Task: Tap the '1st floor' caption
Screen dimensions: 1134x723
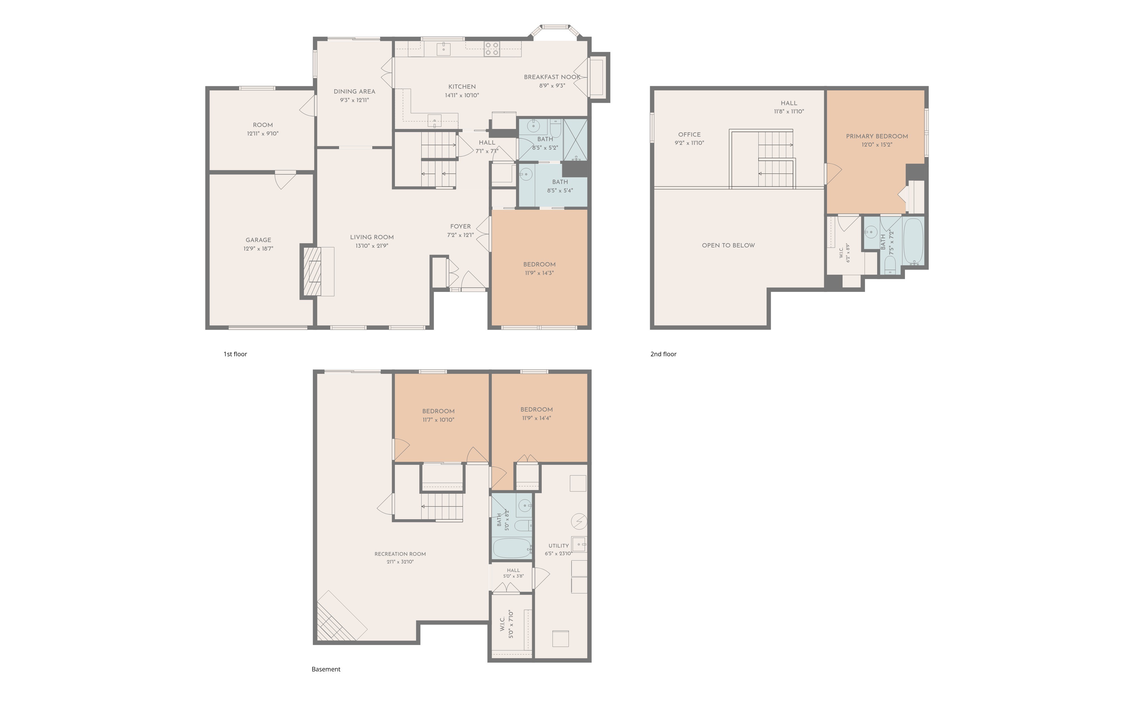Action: pyautogui.click(x=235, y=354)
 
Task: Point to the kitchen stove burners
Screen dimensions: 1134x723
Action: pyautogui.click(x=492, y=49)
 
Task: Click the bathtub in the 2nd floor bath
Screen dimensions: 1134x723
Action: pyautogui.click(x=914, y=241)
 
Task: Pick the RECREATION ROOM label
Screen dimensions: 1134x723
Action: pyautogui.click(x=400, y=554)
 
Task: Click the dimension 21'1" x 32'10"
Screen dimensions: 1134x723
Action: pyautogui.click(x=400, y=561)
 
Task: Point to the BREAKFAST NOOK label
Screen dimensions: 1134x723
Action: pyautogui.click(x=552, y=77)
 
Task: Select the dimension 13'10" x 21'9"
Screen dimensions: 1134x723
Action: pyautogui.click(x=372, y=246)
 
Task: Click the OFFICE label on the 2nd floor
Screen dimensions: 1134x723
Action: pyautogui.click(x=689, y=135)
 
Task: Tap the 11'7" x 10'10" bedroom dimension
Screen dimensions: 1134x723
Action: pyautogui.click(x=439, y=420)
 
